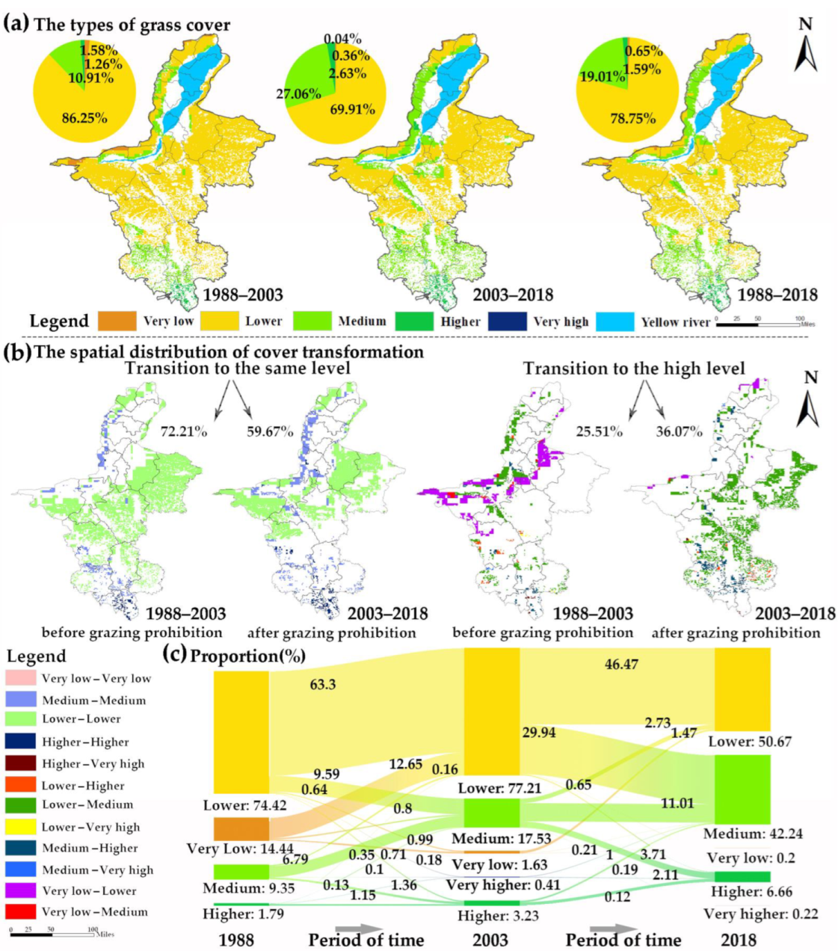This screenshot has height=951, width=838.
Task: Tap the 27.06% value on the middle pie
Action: [x=299, y=93]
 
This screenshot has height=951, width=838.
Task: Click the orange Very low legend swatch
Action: [x=117, y=321]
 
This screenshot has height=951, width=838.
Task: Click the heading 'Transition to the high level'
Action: [x=634, y=369]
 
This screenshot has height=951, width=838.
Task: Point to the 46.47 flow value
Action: [x=621, y=663]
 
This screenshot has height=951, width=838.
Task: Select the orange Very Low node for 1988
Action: [x=241, y=829]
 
